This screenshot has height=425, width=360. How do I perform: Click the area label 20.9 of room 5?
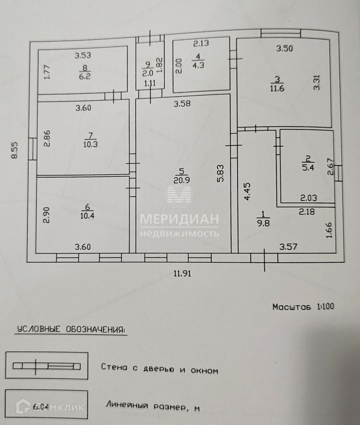(181, 180)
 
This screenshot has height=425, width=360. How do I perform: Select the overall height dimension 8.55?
(15, 150)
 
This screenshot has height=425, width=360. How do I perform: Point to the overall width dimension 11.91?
(183, 273)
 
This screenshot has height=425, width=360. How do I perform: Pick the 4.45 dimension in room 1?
(247, 191)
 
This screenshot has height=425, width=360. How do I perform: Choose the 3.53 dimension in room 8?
(83, 54)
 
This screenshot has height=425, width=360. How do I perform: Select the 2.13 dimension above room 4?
(201, 42)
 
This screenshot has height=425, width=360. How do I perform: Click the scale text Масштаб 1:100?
(303, 307)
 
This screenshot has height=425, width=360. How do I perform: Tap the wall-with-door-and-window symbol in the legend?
(47, 366)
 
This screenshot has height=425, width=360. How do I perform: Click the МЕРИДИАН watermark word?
(179, 219)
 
